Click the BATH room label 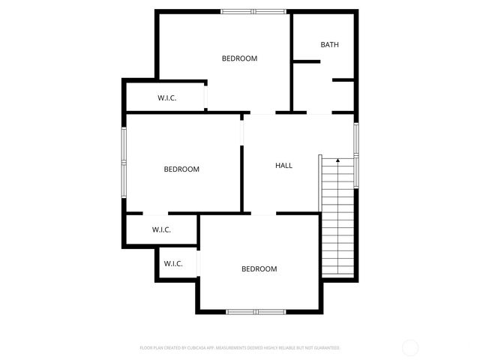(x=330, y=44)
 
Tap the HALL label (x=283, y=165)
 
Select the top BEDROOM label (x=239, y=58)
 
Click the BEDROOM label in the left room (x=181, y=169)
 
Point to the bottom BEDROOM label (x=259, y=268)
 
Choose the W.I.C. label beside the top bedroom (x=166, y=97)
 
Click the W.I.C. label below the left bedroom (x=161, y=229)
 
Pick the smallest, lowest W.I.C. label (x=173, y=263)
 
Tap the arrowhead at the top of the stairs (x=338, y=160)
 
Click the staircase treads (x=338, y=217)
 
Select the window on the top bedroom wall (x=253, y=11)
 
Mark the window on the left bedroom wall (x=124, y=163)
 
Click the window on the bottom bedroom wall (x=256, y=311)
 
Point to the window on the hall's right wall (x=356, y=154)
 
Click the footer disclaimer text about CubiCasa (x=240, y=348)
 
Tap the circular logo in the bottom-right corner (x=410, y=347)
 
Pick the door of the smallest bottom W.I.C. (x=199, y=264)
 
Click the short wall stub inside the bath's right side (x=343, y=79)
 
